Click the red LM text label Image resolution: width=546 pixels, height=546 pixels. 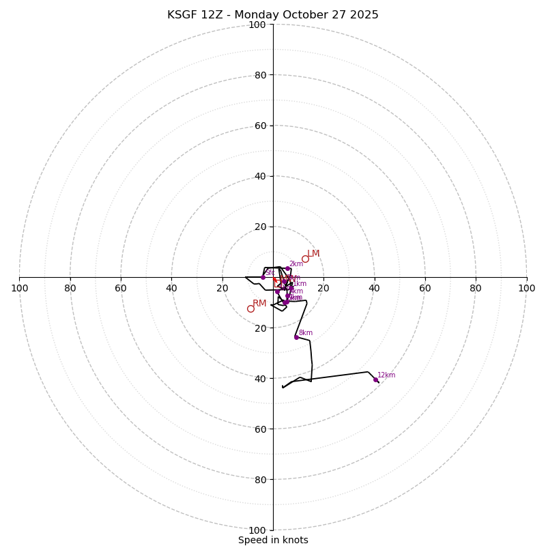click(x=313, y=254)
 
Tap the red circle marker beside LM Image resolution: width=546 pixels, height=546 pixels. click(x=305, y=259)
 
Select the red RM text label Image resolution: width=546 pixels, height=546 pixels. click(x=259, y=304)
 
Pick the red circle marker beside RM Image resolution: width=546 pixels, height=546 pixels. click(x=250, y=308)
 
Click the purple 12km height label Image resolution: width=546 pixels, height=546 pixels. click(x=386, y=375)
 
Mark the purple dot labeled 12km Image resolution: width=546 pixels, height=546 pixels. click(x=375, y=379)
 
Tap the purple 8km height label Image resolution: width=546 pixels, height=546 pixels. click(x=306, y=333)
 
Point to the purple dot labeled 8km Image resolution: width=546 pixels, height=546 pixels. click(x=296, y=337)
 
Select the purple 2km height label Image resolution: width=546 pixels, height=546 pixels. click(x=296, y=264)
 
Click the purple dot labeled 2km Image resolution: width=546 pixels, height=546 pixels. click(x=287, y=269)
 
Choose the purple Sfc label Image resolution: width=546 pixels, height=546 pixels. click(x=270, y=273)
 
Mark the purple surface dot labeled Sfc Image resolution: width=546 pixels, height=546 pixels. click(x=263, y=277)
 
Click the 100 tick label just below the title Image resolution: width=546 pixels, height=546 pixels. click(x=257, y=25)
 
